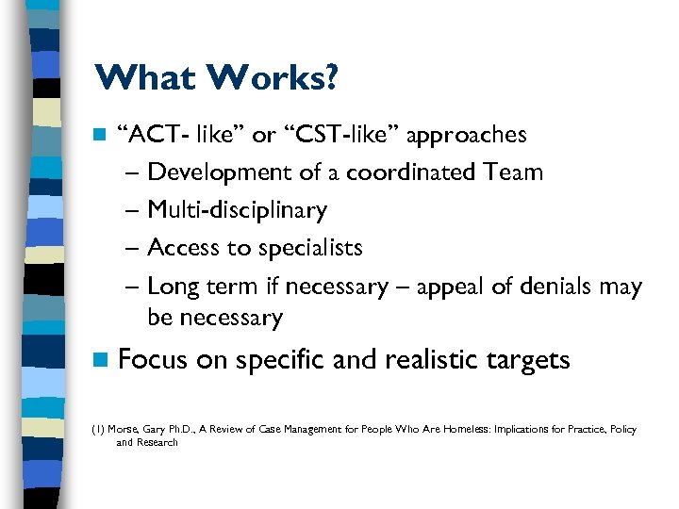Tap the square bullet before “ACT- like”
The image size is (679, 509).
[x=99, y=135]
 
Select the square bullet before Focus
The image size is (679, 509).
[x=100, y=360]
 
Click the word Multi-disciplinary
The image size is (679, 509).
[x=238, y=210]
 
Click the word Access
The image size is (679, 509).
[x=183, y=248]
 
